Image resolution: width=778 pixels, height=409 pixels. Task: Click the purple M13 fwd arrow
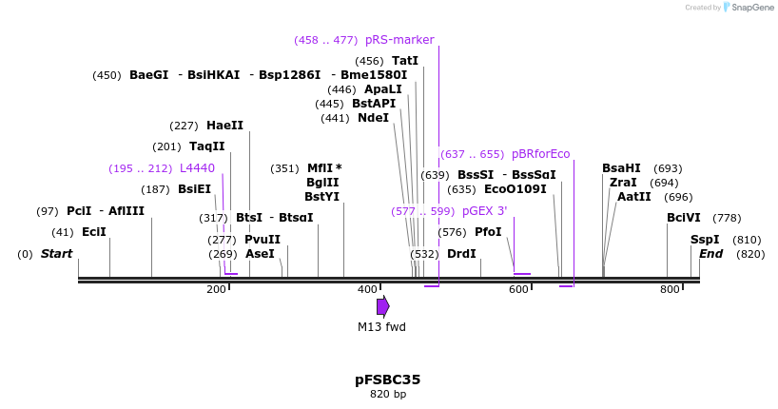[382, 306]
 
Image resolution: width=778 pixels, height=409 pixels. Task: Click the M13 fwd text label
[381, 327]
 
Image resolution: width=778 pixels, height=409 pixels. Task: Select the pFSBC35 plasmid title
[387, 380]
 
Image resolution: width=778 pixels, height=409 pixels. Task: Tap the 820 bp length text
[387, 394]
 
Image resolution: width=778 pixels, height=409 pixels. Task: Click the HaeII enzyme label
[224, 126]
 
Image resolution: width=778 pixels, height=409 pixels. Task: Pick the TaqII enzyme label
[206, 146]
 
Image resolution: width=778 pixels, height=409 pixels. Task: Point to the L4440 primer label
[197, 168]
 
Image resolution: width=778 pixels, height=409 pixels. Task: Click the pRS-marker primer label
[399, 40]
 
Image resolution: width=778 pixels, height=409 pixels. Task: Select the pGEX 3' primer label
[484, 211]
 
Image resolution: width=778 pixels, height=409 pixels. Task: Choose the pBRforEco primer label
[540, 154]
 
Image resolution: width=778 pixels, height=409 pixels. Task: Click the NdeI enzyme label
[373, 118]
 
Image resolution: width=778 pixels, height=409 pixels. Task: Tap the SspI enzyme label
[705, 240]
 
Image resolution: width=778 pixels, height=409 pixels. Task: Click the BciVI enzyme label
[683, 218]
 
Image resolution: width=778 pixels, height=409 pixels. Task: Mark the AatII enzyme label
[633, 197]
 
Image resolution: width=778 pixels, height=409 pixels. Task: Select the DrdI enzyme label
[461, 254]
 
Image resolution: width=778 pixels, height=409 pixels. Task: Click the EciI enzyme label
[94, 232]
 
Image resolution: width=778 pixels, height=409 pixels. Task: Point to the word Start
[56, 254]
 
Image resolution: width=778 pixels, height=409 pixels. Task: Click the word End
[710, 254]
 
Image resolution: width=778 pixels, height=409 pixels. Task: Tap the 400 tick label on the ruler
[367, 289]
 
